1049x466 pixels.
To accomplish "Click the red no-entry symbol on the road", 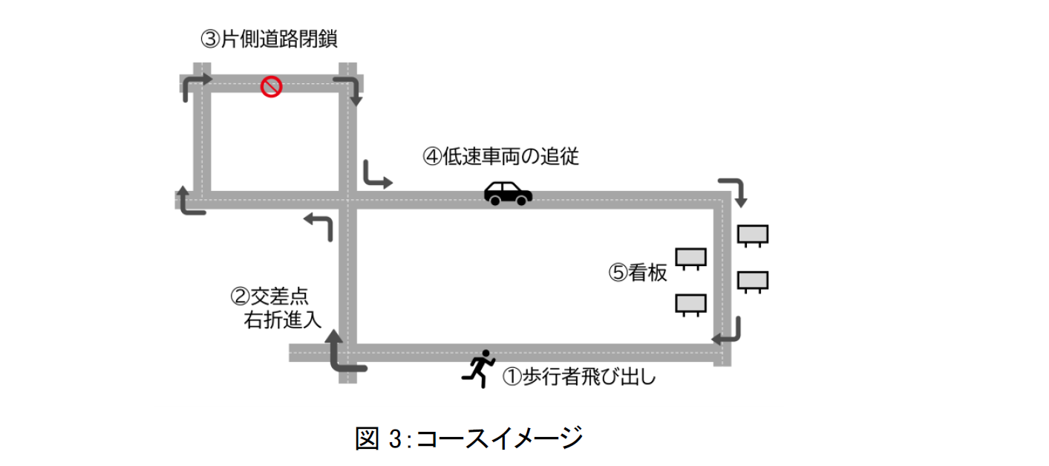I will coord(271,87).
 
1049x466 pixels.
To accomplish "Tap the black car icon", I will coord(508,192).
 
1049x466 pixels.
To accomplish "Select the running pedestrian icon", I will coord(479,368).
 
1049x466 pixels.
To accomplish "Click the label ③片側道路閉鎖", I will coord(269,39).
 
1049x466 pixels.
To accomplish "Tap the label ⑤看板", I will coord(638,273).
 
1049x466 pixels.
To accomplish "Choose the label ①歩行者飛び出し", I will coord(580,377).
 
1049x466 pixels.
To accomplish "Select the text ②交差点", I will coord(270,297).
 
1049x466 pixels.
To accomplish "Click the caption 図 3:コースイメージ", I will coord(468,438).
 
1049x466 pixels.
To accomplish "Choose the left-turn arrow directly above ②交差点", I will coord(318,224).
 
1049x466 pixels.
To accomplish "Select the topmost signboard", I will coord(752,236).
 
